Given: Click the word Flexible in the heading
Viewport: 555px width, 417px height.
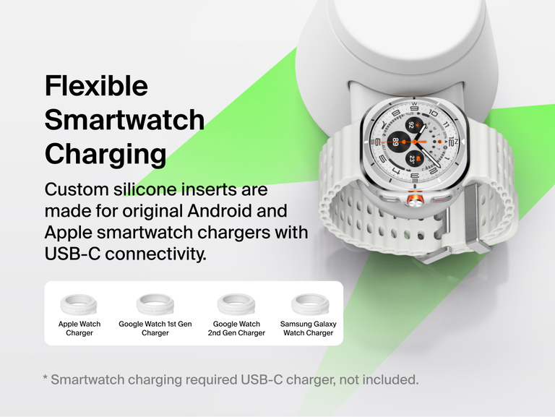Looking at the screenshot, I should (x=96, y=86).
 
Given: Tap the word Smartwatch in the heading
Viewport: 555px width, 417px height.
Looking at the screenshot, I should (x=124, y=120).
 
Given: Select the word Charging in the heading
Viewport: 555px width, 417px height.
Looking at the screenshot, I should (x=105, y=154).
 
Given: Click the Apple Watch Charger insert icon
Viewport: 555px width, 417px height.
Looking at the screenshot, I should (x=79, y=302).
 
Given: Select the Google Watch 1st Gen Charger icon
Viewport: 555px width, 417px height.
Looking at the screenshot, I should (x=155, y=302).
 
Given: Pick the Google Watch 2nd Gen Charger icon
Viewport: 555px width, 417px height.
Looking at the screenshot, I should (x=236, y=302).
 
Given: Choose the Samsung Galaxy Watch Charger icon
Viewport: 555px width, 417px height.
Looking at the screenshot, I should (x=309, y=302).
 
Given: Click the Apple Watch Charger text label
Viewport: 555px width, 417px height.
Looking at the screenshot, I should (x=79, y=329).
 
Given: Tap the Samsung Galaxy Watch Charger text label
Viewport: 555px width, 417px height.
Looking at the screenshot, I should (x=309, y=329).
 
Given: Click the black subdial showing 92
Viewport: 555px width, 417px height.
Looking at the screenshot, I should (x=411, y=125).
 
